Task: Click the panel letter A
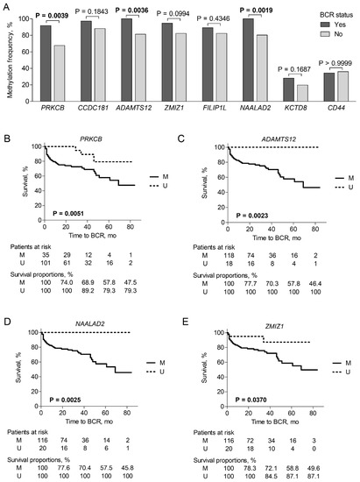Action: coord(6,7)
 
